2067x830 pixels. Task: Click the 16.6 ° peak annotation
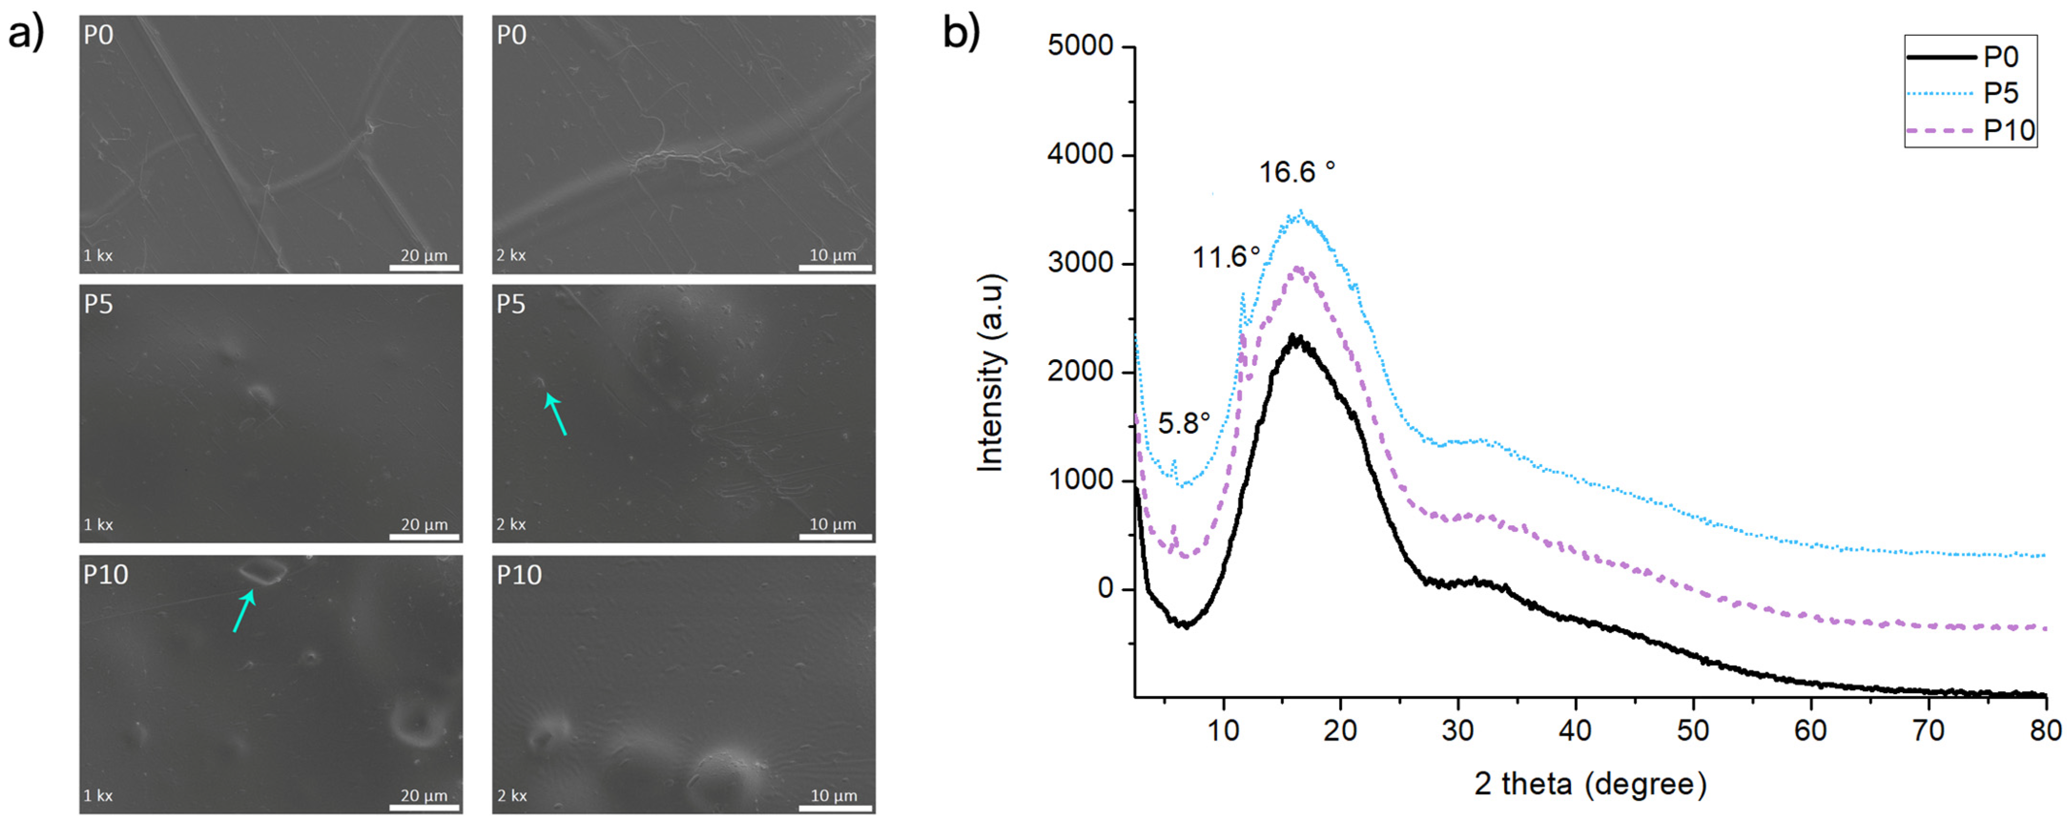click(x=1296, y=172)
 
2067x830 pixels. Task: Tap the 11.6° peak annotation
click(x=1225, y=258)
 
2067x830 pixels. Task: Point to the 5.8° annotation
click(x=1183, y=423)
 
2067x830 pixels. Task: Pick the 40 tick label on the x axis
click(x=1575, y=730)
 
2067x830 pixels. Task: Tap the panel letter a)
click(x=26, y=34)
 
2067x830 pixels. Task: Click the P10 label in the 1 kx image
click(x=106, y=575)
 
